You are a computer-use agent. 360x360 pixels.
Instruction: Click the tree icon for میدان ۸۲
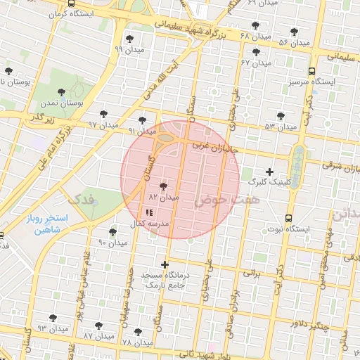(x=164, y=187)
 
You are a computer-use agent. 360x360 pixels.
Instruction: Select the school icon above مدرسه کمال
(x=148, y=212)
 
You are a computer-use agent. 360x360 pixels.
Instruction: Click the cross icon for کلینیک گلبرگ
(x=269, y=171)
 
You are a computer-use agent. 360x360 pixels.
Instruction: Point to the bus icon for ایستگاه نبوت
(x=289, y=218)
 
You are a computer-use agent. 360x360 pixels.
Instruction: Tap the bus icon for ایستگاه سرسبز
(x=311, y=71)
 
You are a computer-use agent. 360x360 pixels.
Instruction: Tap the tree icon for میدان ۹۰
(x=112, y=231)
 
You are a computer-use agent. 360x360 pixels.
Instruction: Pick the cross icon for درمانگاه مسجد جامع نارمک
(x=165, y=265)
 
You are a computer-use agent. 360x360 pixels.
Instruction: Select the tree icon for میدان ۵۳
(x=281, y=116)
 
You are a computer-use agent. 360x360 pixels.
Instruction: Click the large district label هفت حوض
(x=219, y=201)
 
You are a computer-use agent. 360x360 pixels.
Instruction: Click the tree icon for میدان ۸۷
(x=98, y=326)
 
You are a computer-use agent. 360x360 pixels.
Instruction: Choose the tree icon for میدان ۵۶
(x=294, y=32)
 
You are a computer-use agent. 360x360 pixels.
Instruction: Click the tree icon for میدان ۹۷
(x=103, y=113)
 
